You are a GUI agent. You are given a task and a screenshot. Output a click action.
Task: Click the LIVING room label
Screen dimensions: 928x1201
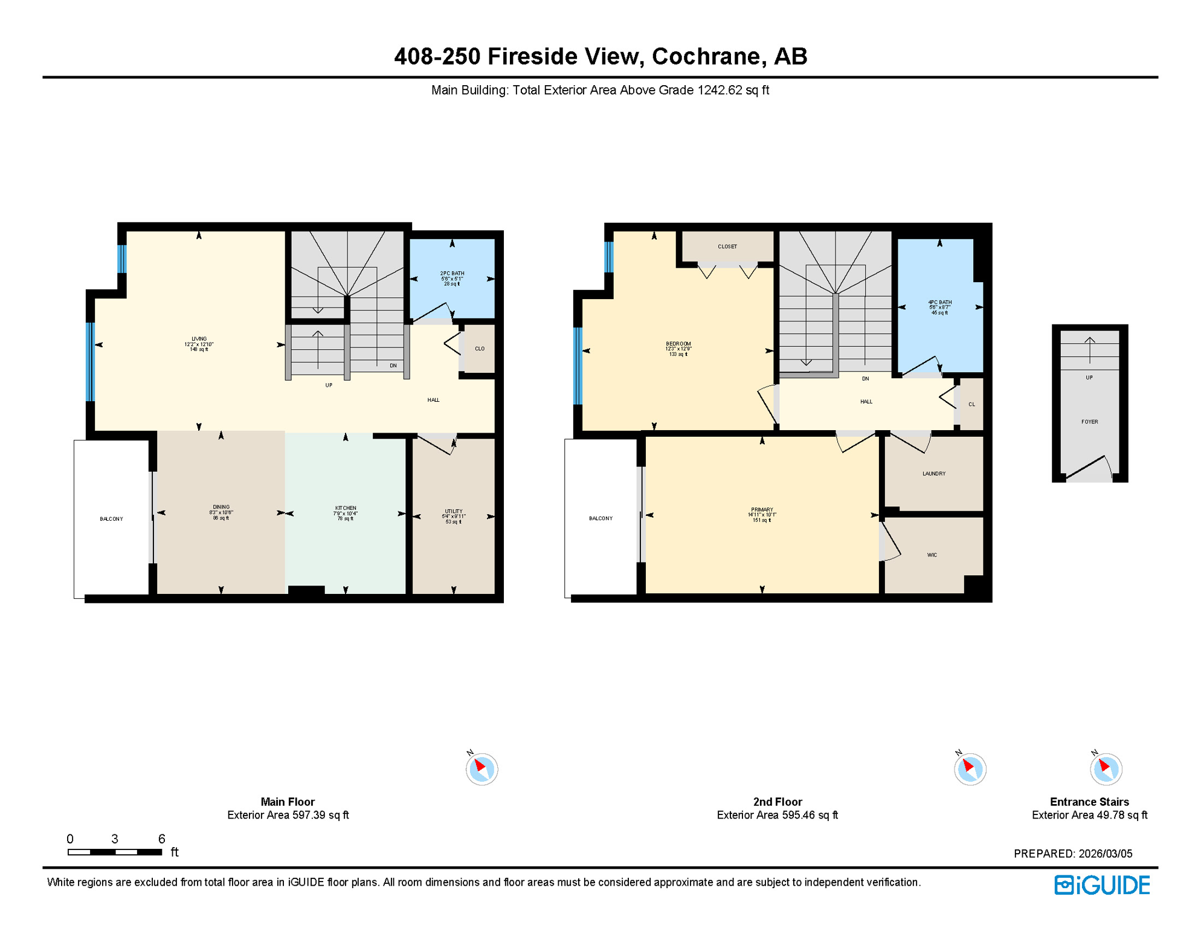coord(199,339)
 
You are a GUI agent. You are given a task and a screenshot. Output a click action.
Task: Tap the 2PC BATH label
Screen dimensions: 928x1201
coord(452,274)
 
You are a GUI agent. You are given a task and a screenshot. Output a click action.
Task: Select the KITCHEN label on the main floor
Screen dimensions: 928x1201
coord(346,508)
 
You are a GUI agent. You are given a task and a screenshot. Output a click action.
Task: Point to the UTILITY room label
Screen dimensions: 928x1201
coord(454,511)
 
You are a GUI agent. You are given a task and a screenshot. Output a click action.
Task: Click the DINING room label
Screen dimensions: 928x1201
coord(221,507)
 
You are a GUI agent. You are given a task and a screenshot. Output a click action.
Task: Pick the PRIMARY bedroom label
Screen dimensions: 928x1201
coord(762,509)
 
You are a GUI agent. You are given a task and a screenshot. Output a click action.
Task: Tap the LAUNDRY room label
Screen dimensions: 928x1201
coord(933,474)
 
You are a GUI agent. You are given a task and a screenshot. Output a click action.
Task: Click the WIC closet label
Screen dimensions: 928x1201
coord(932,555)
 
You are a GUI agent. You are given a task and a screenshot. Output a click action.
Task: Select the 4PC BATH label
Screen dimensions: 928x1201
coord(939,302)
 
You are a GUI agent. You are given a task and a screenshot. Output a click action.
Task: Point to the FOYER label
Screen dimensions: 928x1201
coord(1089,422)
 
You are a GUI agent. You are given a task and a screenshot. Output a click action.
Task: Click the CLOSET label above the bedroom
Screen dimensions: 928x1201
coord(727,246)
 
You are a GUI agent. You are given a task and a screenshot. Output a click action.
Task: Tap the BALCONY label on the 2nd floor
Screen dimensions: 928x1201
coord(600,518)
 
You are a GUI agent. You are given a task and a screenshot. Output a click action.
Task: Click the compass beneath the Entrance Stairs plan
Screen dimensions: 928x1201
coord(1106,769)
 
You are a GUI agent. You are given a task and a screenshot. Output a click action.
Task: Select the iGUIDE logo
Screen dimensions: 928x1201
coord(1102,885)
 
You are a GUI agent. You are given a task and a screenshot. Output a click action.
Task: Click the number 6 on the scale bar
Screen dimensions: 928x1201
coord(161,839)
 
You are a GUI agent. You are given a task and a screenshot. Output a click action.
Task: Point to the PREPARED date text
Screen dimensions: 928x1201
coord(1072,854)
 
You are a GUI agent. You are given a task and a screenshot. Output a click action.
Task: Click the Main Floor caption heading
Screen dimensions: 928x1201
coord(288,802)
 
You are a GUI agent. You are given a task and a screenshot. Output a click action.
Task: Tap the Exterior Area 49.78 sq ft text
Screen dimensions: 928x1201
coord(1089,815)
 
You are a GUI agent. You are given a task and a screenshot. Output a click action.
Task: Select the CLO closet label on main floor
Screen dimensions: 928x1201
coord(479,349)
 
